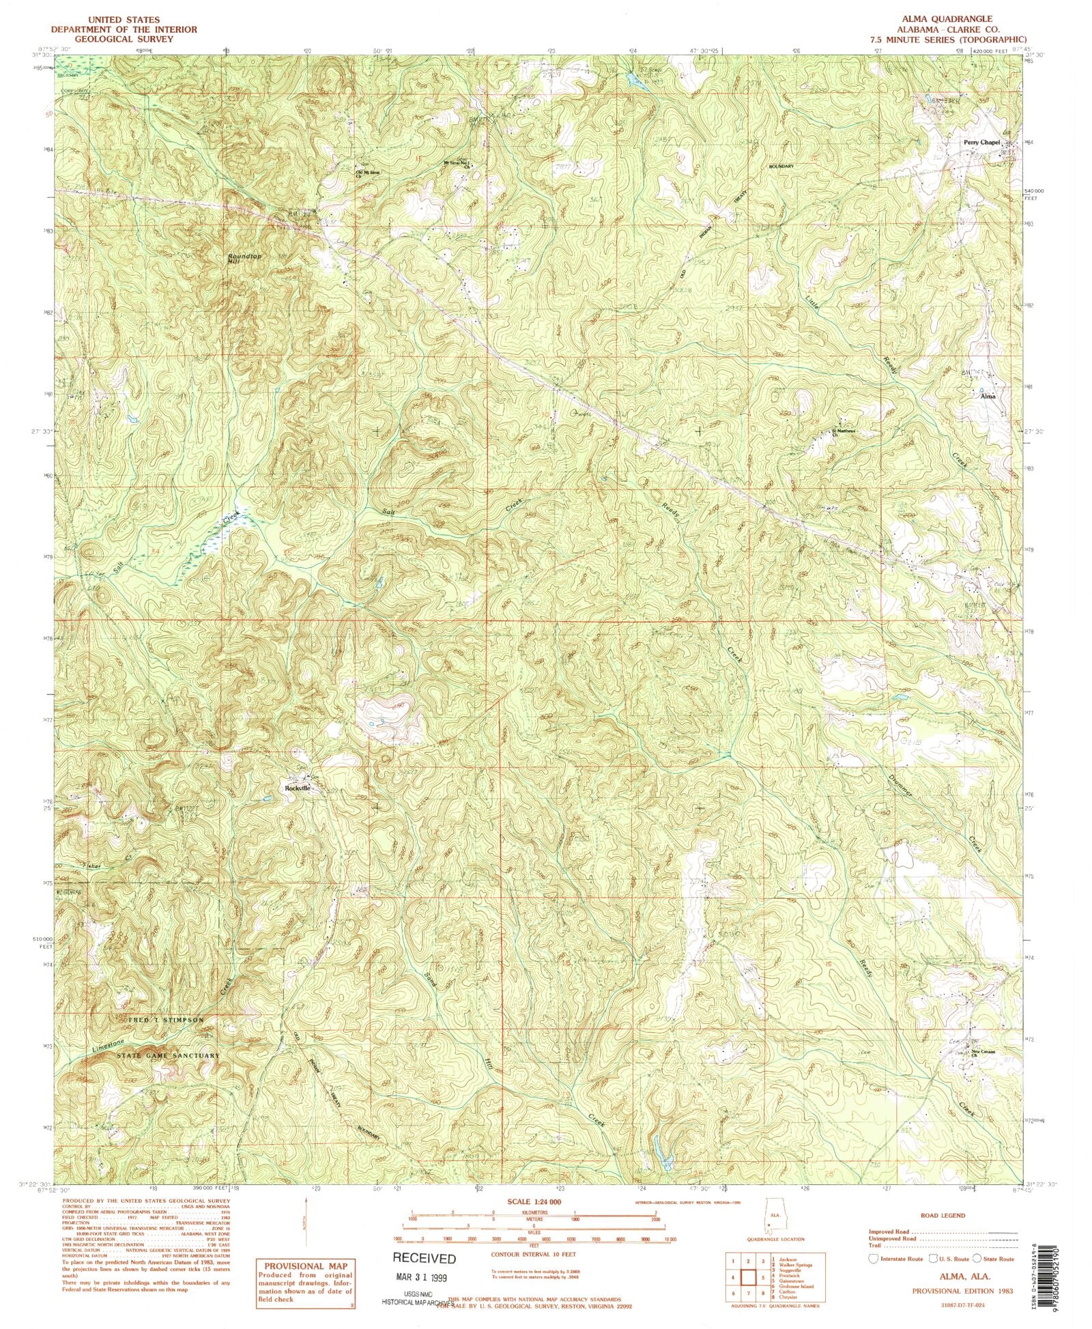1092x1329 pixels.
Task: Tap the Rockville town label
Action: coord(297,788)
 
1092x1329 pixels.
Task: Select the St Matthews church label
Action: coord(843,431)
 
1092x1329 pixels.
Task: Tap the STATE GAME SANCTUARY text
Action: coord(168,1055)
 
